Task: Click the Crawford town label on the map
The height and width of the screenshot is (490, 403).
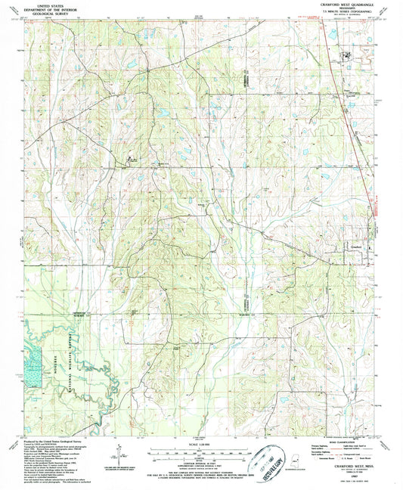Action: tap(357, 245)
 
